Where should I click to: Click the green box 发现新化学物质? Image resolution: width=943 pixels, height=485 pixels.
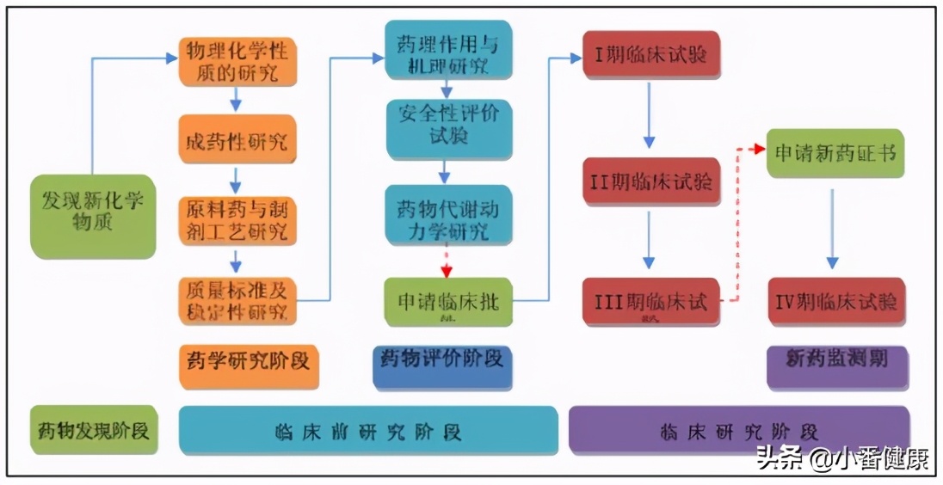point(93,215)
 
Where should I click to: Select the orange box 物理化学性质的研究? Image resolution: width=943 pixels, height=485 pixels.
point(237,61)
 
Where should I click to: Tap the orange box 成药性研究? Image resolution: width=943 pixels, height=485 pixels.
point(237,138)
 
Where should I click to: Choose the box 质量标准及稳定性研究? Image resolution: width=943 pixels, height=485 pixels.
point(237,300)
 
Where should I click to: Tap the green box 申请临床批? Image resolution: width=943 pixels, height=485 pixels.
point(447,302)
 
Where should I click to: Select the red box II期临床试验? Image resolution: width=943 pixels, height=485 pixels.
point(650,181)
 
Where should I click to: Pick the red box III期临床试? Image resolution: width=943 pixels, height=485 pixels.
point(650,302)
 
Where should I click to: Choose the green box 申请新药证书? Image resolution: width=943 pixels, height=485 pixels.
point(835,153)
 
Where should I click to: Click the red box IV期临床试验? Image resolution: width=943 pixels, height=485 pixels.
point(835,302)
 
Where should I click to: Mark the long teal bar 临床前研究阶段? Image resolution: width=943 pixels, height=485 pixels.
point(368,430)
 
